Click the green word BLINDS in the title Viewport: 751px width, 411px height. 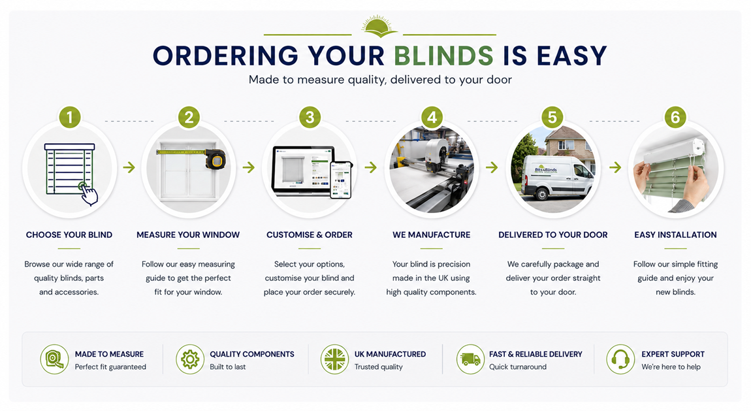[x=443, y=56]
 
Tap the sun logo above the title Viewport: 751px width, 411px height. [x=379, y=26]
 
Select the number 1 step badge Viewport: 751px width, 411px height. [x=70, y=118]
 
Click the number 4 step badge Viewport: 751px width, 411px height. [x=432, y=118]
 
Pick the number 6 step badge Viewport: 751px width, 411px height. [x=675, y=118]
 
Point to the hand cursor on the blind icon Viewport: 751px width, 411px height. [x=89, y=195]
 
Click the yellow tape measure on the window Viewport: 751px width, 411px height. [x=215, y=159]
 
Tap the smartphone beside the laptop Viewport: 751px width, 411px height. [x=341, y=180]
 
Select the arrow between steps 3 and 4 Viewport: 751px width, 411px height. [x=370, y=168]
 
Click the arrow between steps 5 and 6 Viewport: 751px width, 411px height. [x=615, y=168]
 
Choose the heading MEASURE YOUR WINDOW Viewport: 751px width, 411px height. [x=188, y=235]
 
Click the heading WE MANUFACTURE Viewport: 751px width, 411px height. [x=432, y=235]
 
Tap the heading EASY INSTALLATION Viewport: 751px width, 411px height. [x=675, y=235]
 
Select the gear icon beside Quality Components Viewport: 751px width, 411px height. [x=190, y=359]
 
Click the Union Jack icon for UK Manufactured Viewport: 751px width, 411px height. [x=335, y=359]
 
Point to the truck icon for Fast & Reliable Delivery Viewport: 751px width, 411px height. [x=470, y=359]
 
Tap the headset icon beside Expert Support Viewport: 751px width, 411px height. [x=621, y=359]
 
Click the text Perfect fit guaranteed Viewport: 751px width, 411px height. [x=110, y=367]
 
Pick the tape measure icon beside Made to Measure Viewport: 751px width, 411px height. [x=55, y=359]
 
